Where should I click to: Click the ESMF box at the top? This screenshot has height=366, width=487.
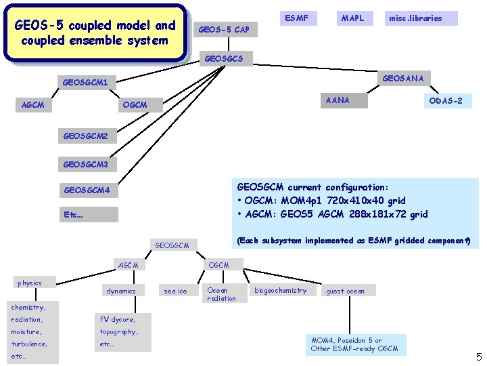pyautogui.click(x=296, y=18)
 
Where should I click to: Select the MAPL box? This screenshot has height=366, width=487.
pyautogui.click(x=352, y=18)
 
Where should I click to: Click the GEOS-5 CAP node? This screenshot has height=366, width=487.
pyautogui.click(x=223, y=29)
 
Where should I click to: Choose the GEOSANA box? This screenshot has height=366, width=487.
pyautogui.click(x=403, y=79)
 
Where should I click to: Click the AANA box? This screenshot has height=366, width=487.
pyautogui.click(x=338, y=100)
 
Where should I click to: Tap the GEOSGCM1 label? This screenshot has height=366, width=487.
pyautogui.click(x=85, y=83)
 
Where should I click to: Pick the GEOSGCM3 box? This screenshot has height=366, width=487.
pyautogui.click(x=85, y=164)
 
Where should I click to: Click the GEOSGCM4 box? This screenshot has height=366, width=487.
pyautogui.click(x=86, y=190)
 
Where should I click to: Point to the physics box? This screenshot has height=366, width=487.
pyautogui.click(x=30, y=283)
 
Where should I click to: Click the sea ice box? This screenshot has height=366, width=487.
pyautogui.click(x=175, y=291)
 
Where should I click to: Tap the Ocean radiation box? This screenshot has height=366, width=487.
pyautogui.click(x=222, y=294)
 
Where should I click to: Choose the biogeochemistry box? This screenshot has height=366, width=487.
pyautogui.click(x=280, y=291)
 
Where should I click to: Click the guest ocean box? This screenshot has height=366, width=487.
pyautogui.click(x=345, y=291)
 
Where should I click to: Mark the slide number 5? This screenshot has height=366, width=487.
pyautogui.click(x=478, y=357)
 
